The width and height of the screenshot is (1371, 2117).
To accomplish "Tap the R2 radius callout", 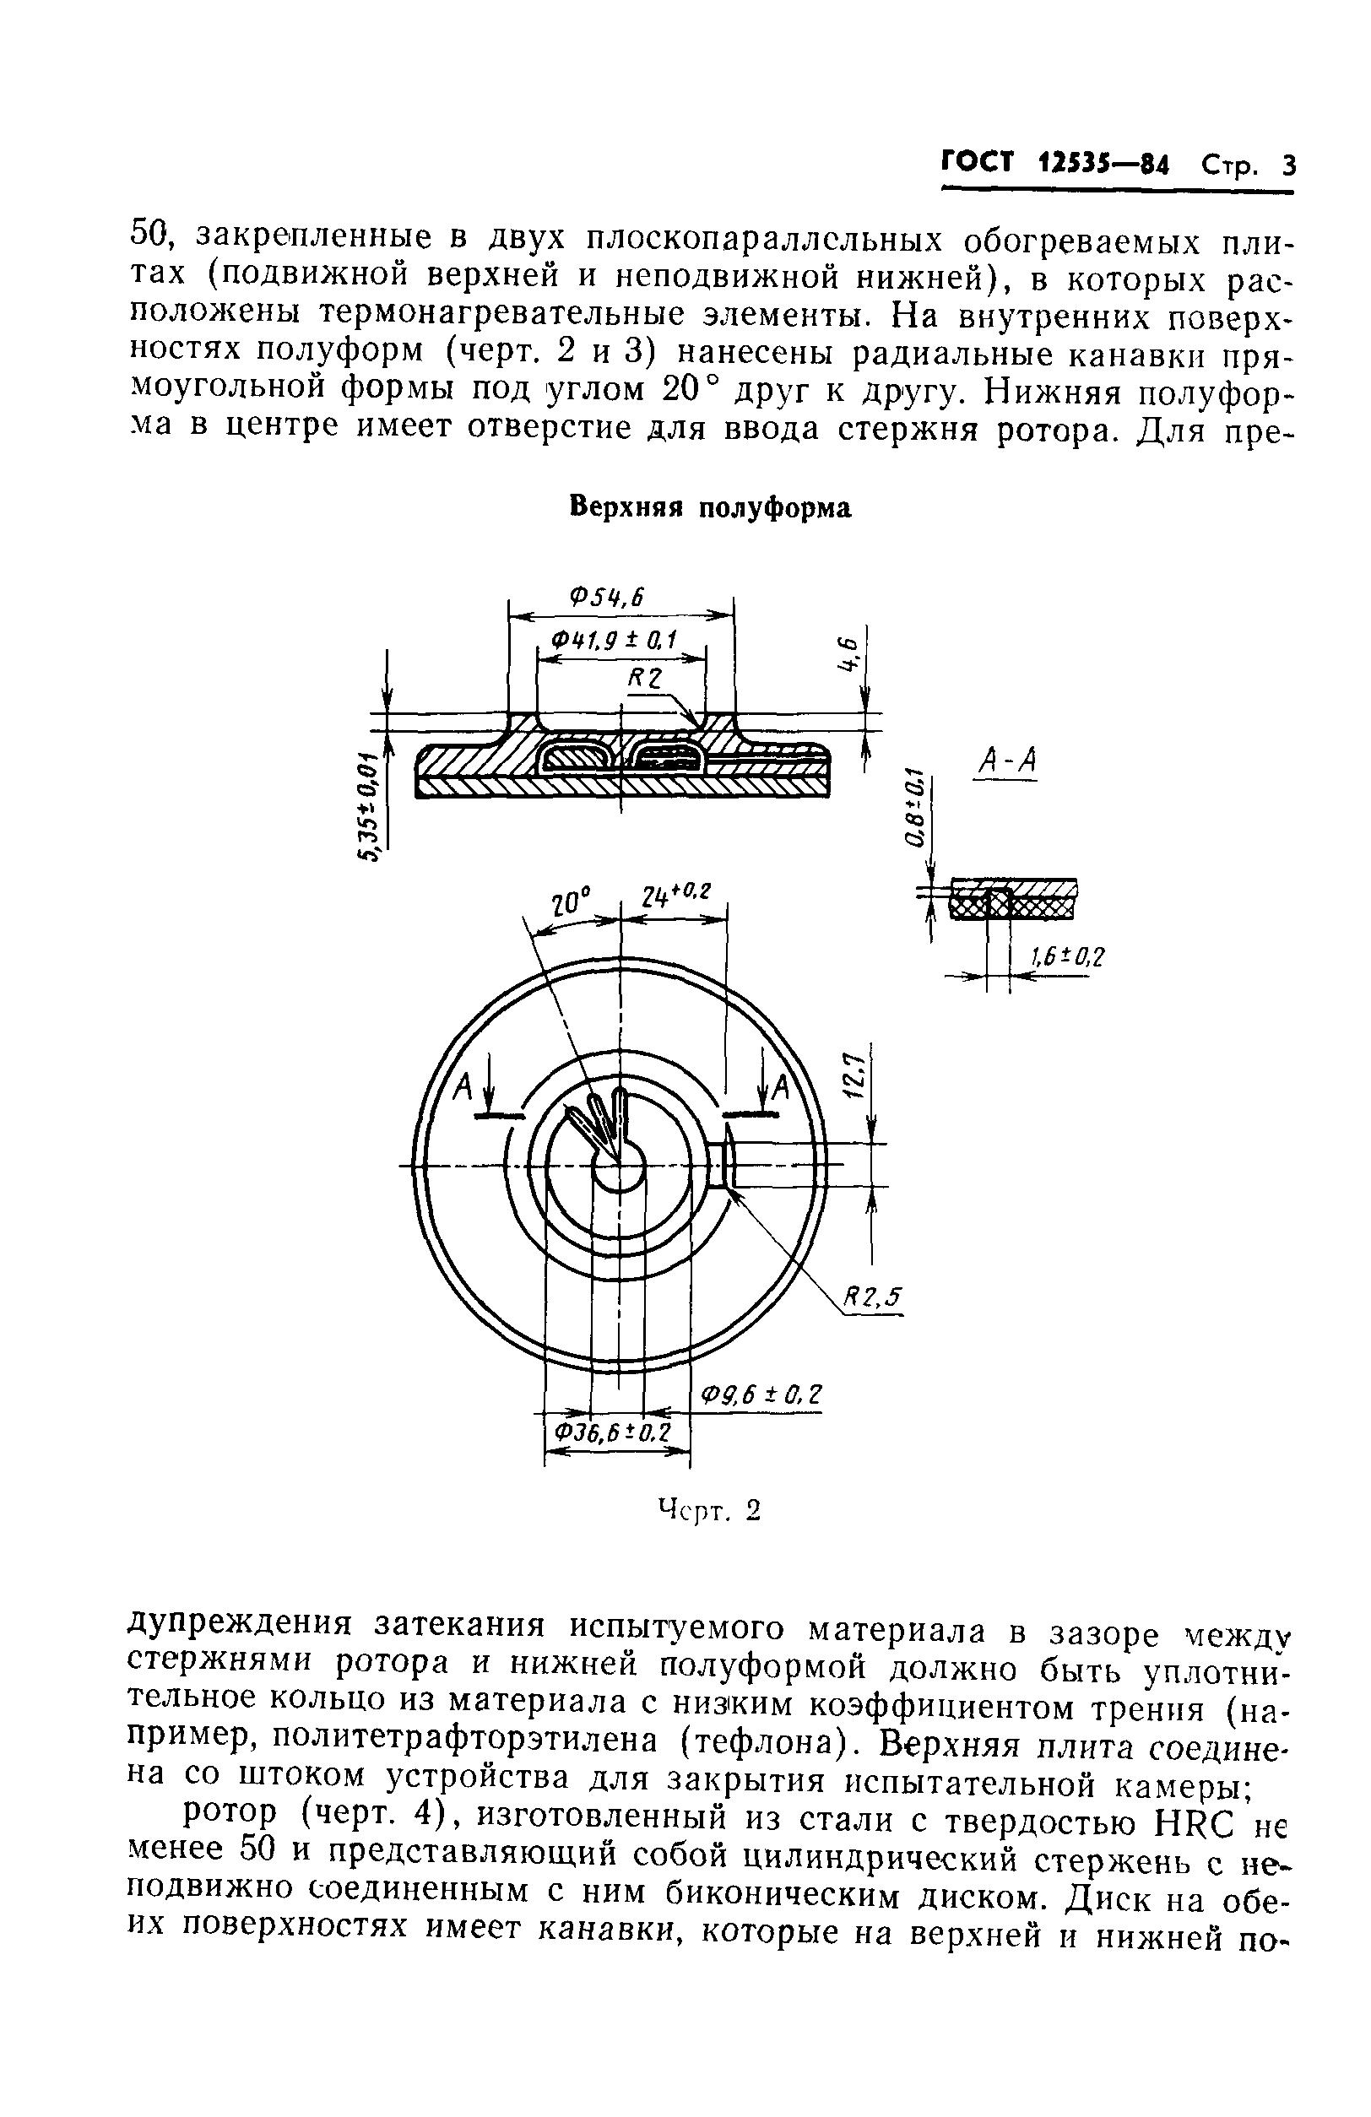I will [x=646, y=679].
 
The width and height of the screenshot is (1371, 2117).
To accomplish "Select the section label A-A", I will [x=1006, y=761].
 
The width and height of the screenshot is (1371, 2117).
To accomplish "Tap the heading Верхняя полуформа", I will [x=709, y=507].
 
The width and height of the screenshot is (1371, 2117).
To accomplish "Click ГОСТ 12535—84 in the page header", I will [x=1054, y=165].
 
